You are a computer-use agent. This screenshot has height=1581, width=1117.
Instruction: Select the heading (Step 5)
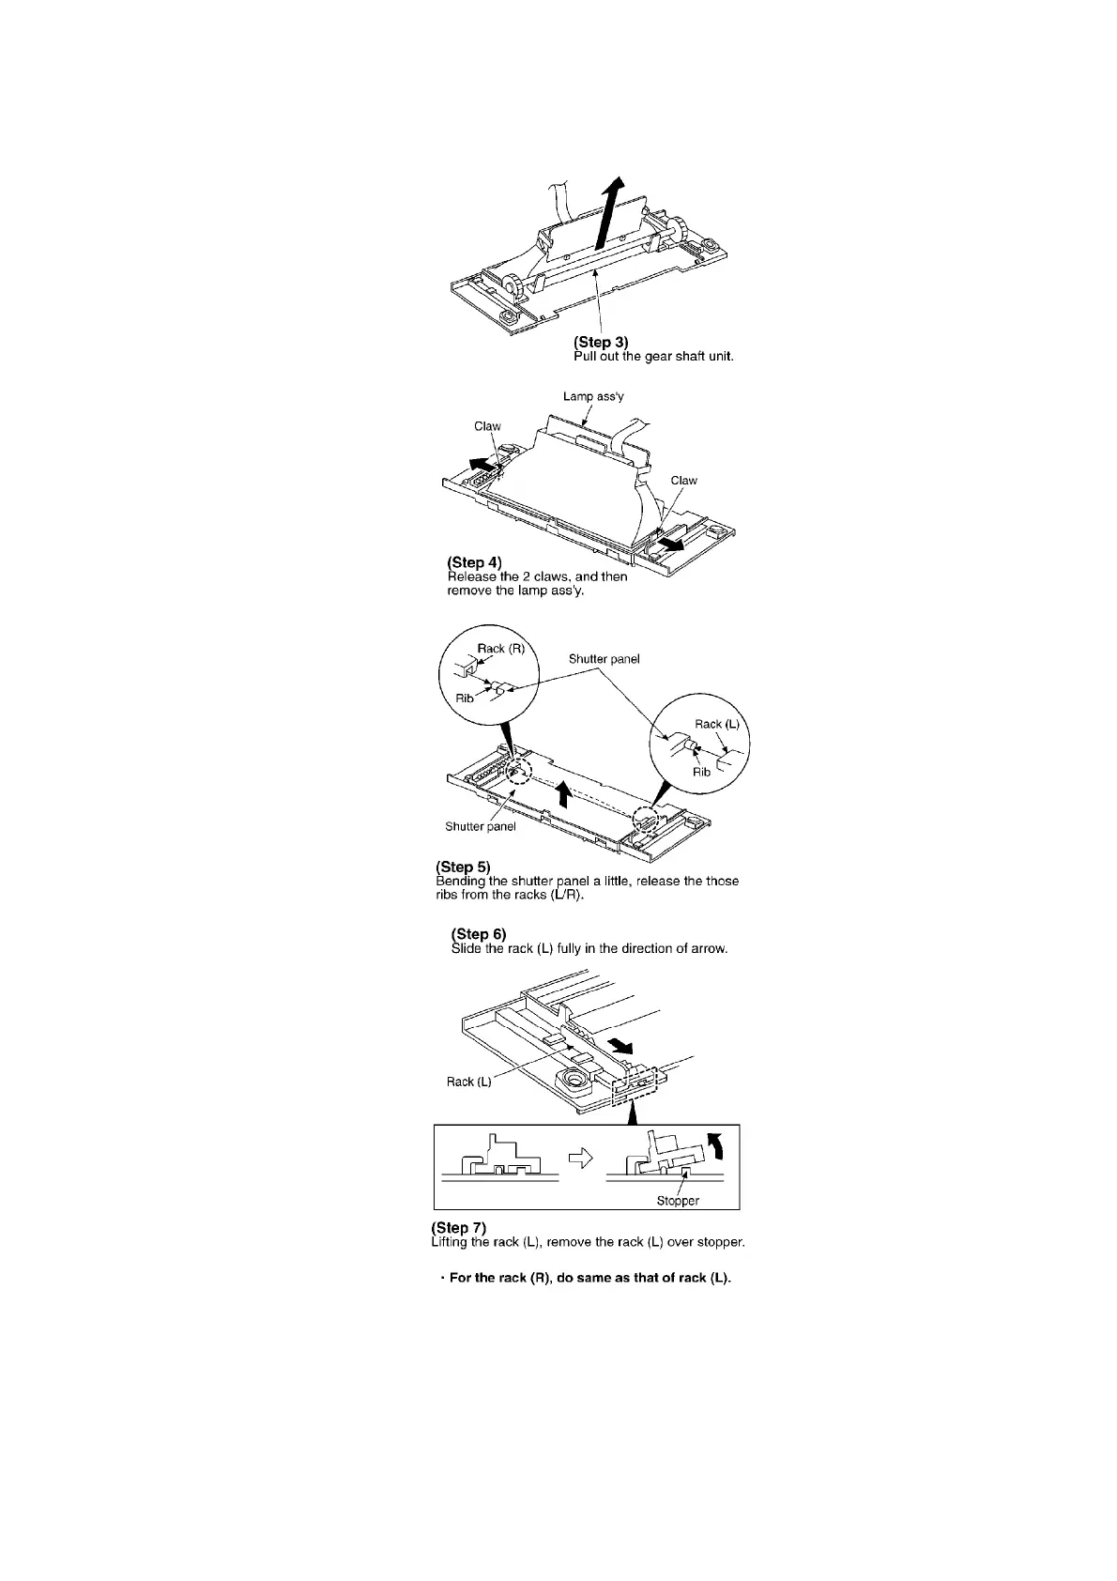coord(463,867)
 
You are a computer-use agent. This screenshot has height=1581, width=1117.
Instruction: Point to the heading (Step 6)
coord(479,934)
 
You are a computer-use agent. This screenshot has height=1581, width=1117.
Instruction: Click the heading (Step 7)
coord(458,1228)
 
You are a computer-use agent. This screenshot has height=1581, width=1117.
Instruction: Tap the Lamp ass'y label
coord(593,396)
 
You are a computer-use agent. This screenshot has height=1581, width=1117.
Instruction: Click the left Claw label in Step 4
coord(487,426)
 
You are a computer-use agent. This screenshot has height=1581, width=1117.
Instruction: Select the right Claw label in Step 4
coord(683,481)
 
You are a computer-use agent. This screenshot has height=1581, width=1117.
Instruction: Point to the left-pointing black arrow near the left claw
coord(480,465)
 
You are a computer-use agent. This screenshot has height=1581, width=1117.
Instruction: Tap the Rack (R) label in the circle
coord(501,649)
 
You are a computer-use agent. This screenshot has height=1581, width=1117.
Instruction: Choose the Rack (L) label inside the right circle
coord(717,724)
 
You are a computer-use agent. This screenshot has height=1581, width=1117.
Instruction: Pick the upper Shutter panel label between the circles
coord(604,659)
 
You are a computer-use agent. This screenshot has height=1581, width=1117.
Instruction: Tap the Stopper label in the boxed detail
coord(678,1201)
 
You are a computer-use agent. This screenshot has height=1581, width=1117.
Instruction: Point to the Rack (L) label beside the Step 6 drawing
coord(468,1082)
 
